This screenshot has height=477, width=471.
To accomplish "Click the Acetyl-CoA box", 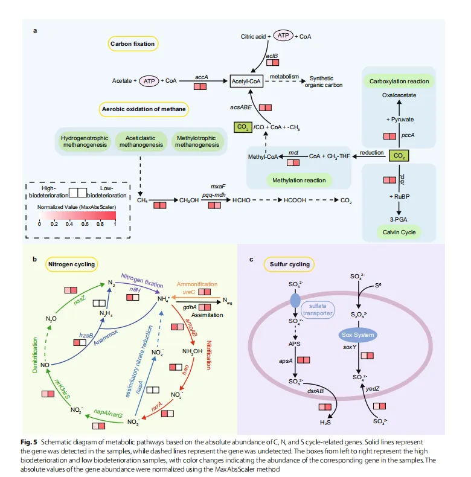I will coord(247,80).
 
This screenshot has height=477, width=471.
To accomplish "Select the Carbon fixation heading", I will coord(133,43).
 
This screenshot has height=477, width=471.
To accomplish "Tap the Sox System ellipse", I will coord(356,335).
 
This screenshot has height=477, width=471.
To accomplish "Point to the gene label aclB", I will coord(272,57).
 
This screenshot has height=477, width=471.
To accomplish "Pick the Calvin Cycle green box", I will coord(399,232).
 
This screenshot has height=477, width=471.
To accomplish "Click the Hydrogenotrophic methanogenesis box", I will coord(85,141).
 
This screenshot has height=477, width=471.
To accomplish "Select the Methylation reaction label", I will coord(299,180).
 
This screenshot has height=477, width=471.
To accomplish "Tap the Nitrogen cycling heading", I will coord(74,264).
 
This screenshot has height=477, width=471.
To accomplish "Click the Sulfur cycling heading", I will coord(287,264).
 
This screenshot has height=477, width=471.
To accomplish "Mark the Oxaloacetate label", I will coord(399,95).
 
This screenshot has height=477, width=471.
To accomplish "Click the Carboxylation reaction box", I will coord(399,82).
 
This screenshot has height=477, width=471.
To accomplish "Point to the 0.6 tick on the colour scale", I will coord(85,223).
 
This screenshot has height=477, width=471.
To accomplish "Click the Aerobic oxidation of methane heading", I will coord(144,109).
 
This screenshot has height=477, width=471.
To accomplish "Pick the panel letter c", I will coord(251,260).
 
